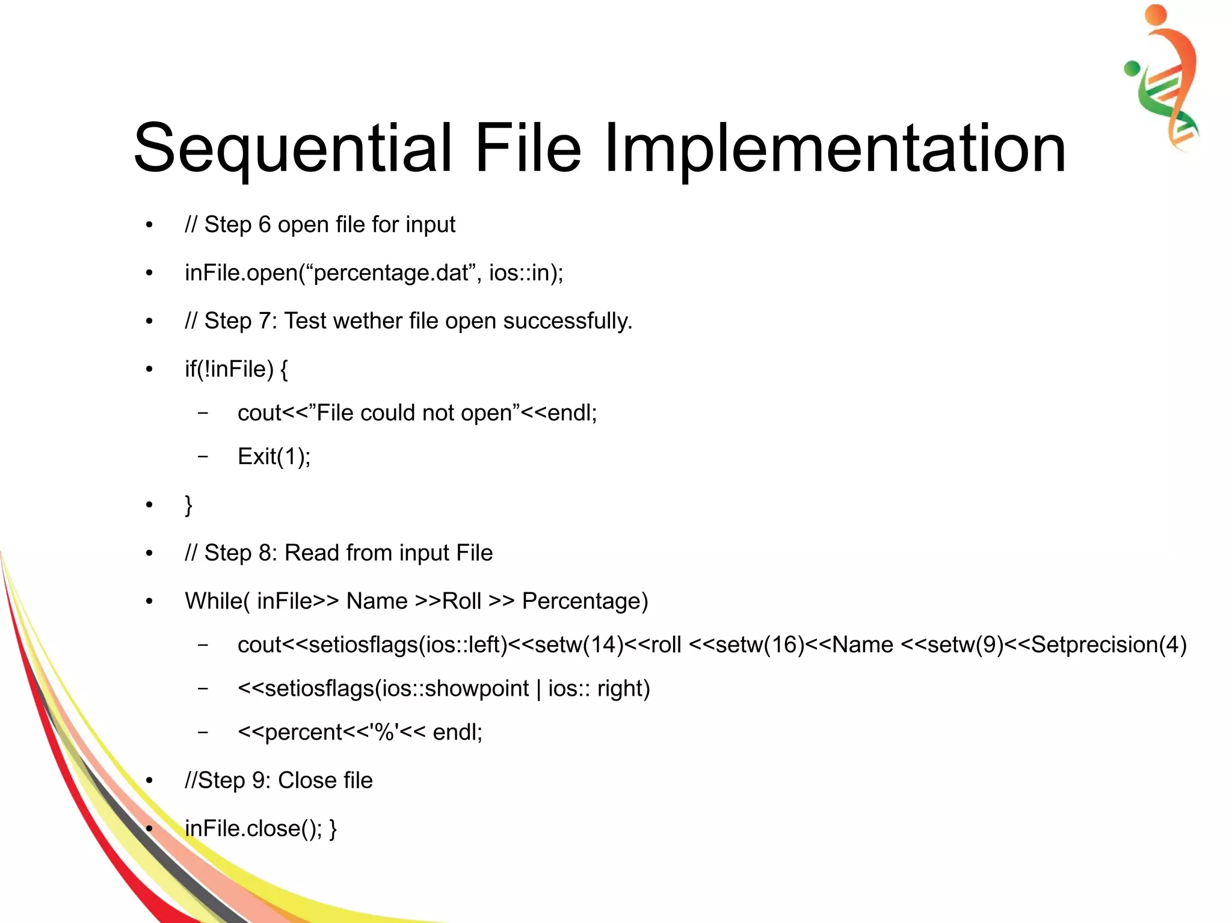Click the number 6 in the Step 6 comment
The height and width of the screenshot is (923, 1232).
(265, 225)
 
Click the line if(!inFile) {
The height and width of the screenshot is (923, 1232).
(236, 369)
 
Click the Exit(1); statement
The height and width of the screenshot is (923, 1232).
(274, 457)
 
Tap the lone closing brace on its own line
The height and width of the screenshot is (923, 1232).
(188, 504)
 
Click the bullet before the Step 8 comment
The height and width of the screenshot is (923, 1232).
(149, 553)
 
